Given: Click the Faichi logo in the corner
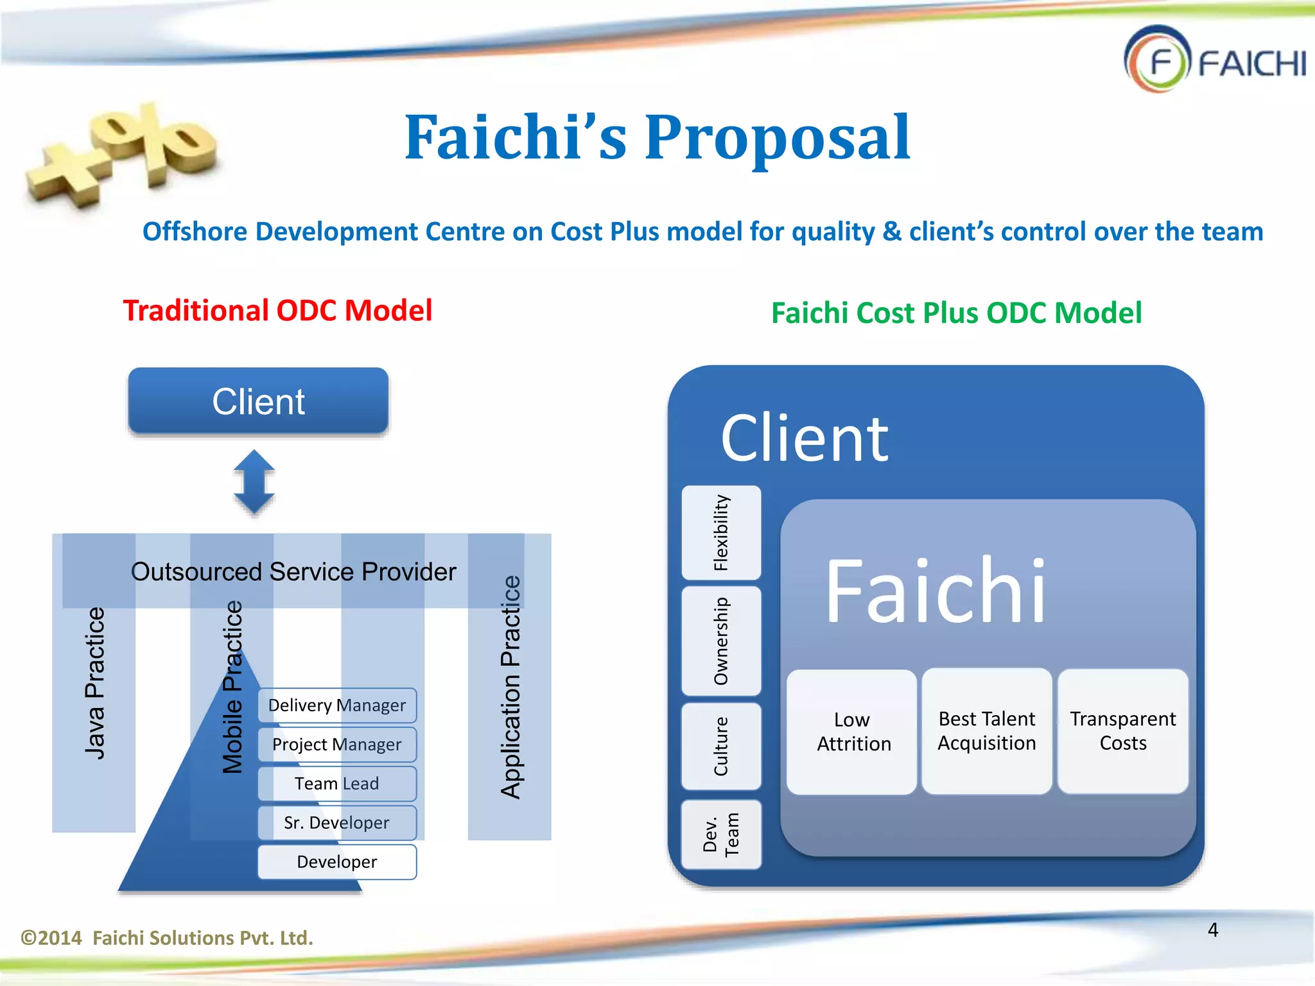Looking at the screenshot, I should [x=1214, y=60].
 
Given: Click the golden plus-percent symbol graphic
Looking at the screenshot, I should [x=122, y=154].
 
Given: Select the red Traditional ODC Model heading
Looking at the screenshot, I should [x=277, y=311].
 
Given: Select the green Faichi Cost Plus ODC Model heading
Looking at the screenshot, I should [x=956, y=313].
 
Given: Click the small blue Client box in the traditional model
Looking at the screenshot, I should [x=258, y=401].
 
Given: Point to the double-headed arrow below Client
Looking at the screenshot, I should [x=254, y=482].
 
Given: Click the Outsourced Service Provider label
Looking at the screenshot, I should [x=293, y=571].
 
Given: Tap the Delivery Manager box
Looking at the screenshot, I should [x=337, y=705].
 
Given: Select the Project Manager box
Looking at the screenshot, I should [x=337, y=745].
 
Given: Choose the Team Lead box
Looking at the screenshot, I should [x=337, y=784].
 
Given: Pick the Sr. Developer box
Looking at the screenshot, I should [x=337, y=823].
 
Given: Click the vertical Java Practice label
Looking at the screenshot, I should [x=94, y=684].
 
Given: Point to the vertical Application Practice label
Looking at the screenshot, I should [x=510, y=687].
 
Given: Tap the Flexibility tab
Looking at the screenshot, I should [x=721, y=533].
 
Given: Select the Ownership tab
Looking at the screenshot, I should [x=721, y=641].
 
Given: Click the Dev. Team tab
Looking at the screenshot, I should [x=721, y=835].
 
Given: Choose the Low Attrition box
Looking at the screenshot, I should [x=852, y=732].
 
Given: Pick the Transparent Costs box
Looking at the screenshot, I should [x=1122, y=731].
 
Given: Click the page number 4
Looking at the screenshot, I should [x=1212, y=930].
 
